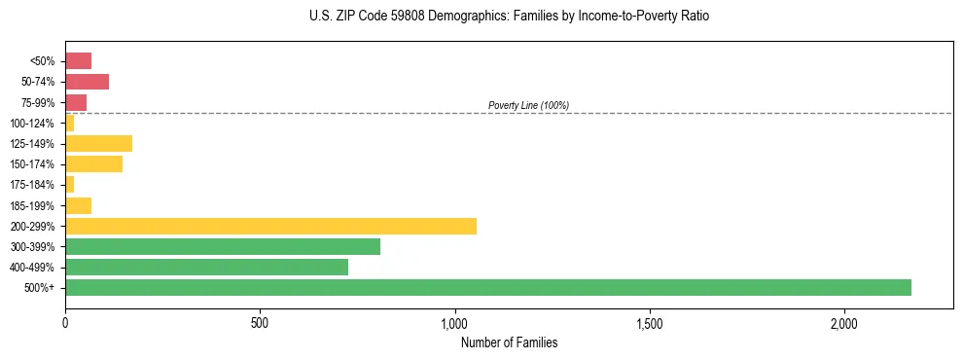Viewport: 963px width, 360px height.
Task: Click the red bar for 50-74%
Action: [x=87, y=82]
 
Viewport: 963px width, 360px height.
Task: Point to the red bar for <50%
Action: [x=78, y=61]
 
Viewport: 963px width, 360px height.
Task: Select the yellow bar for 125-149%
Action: [x=98, y=144]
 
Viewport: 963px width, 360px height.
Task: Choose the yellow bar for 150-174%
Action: [x=93, y=164]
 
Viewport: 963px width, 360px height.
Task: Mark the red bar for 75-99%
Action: [x=76, y=102]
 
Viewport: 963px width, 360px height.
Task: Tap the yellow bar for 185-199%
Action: [x=78, y=205]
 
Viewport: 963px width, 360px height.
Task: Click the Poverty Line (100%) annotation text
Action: [x=528, y=105]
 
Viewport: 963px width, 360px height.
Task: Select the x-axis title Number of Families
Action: [x=509, y=342]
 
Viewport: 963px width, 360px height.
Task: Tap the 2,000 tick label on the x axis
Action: [x=844, y=323]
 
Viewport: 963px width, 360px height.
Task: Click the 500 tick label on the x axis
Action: [x=260, y=323]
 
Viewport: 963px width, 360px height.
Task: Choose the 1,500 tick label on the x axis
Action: [x=650, y=323]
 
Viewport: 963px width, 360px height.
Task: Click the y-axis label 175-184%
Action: [x=35, y=185]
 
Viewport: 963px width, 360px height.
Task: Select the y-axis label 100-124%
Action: [x=35, y=124]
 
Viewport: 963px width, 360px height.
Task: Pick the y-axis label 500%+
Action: [x=41, y=288]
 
